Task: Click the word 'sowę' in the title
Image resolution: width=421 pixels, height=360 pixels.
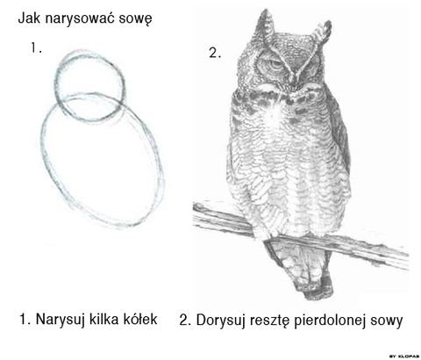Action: (x=135, y=18)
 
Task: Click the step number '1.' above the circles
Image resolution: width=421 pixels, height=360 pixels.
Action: (x=36, y=47)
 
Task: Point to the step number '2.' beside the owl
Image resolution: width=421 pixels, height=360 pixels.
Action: (x=215, y=53)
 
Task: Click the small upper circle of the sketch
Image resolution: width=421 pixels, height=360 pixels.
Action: (x=55, y=85)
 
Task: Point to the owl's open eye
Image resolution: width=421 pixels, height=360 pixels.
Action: (x=275, y=65)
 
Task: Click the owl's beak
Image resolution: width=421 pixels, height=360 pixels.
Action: (x=294, y=80)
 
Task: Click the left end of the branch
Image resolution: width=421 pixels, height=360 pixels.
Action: (x=195, y=212)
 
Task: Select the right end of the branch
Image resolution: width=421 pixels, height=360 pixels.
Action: (x=407, y=261)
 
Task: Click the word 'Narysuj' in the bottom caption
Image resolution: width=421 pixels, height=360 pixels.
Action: (x=60, y=320)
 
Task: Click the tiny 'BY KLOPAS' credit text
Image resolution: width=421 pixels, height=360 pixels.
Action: (x=404, y=356)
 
